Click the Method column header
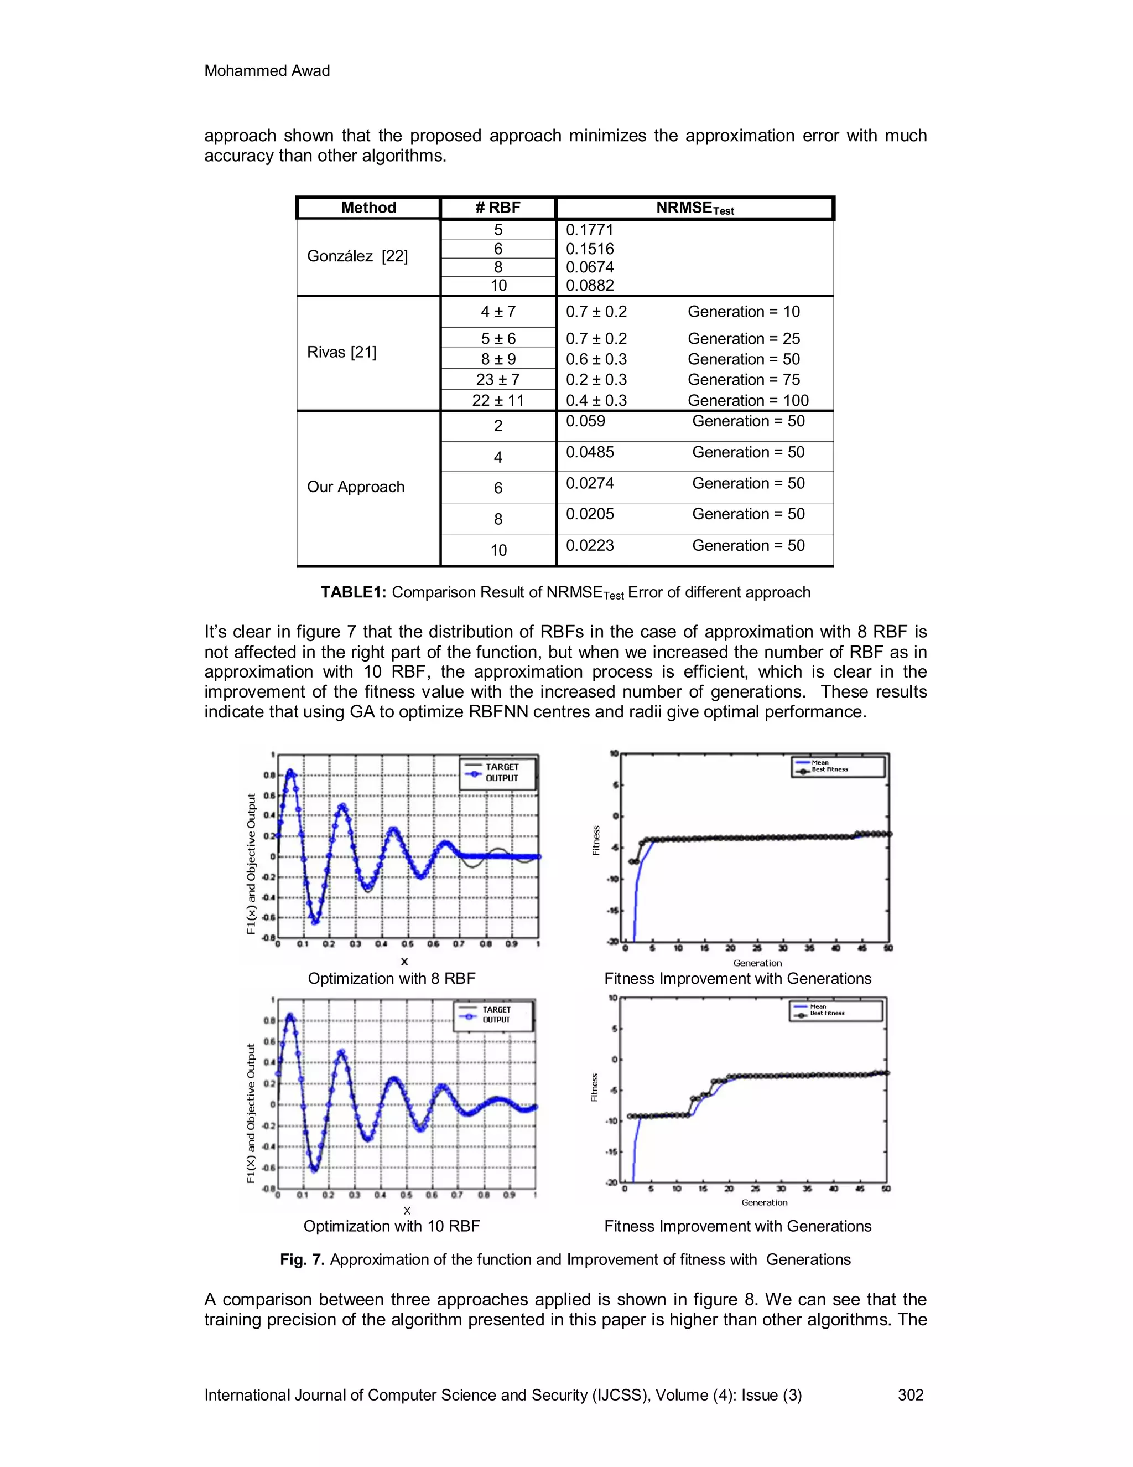tap(368, 208)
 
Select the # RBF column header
tap(497, 208)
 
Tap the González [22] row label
tap(357, 256)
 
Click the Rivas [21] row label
tap(342, 352)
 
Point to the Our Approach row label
tap(356, 487)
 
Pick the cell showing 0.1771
tap(589, 230)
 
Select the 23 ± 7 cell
tap(497, 380)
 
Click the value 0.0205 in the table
tap(589, 514)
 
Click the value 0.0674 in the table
tap(589, 267)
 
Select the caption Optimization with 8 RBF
tap(391, 978)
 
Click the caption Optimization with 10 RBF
tap(391, 1226)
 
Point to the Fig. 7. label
tap(302, 1259)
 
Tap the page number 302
tap(911, 1395)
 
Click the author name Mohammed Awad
tap(267, 70)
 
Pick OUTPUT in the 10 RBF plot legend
tap(496, 1020)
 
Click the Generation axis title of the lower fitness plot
tap(764, 1202)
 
